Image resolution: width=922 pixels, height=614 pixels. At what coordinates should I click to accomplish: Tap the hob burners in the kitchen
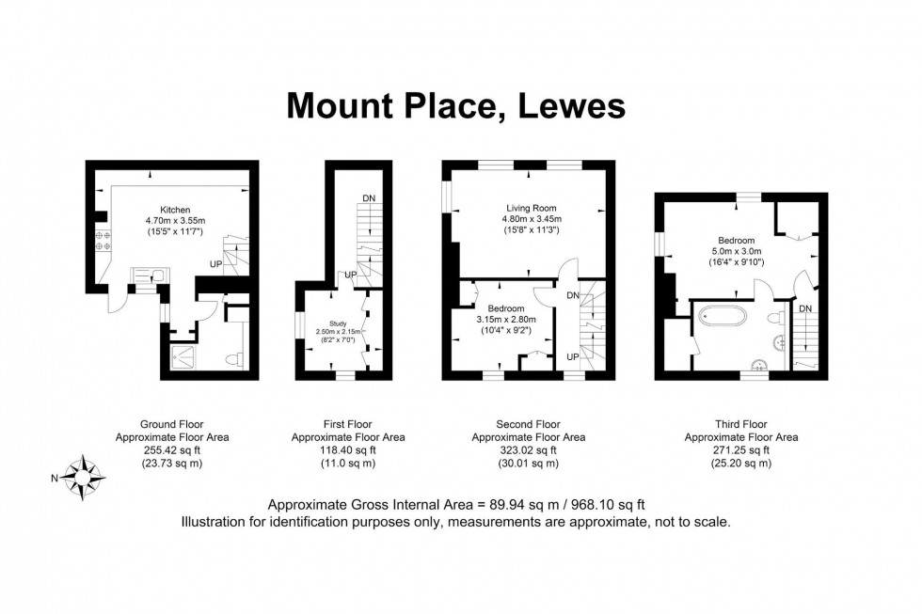click(103, 241)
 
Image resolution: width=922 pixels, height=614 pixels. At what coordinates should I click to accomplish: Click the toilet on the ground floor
click(234, 358)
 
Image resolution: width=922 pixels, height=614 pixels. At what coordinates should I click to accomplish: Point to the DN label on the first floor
click(369, 198)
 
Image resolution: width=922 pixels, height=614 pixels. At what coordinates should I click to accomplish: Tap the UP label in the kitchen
click(215, 265)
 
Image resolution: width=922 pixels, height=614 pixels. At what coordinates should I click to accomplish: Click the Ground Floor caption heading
click(172, 424)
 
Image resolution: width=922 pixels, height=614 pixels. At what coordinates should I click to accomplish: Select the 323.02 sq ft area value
click(527, 450)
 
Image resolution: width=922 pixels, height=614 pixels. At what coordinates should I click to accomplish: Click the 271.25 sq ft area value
click(740, 450)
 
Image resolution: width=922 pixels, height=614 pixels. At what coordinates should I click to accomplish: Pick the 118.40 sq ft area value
click(348, 450)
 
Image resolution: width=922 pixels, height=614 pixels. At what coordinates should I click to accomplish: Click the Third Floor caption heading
click(740, 424)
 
